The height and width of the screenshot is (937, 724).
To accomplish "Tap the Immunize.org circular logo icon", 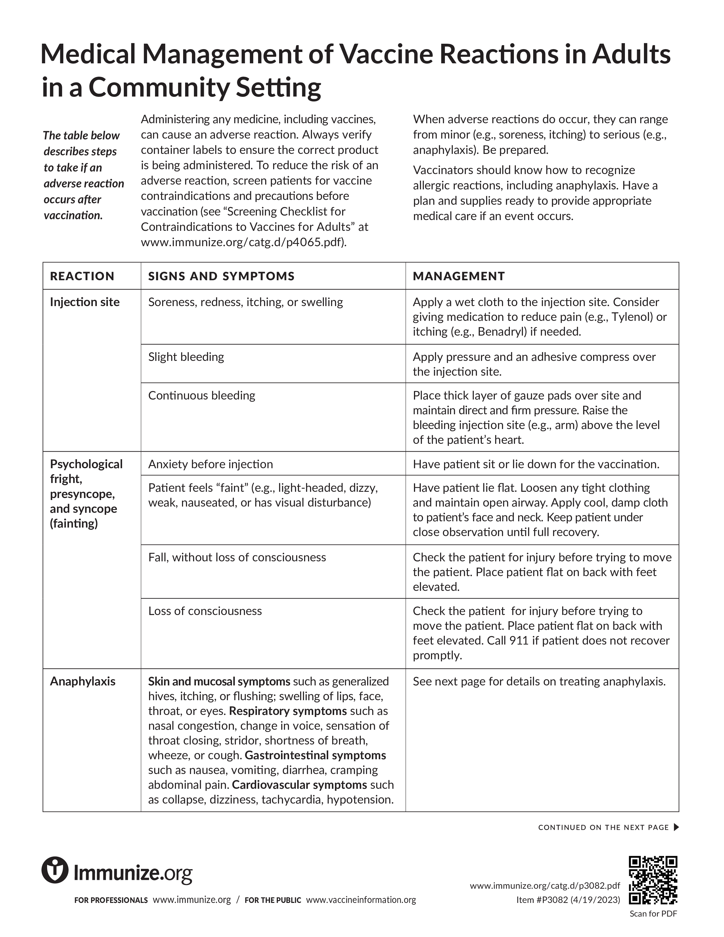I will coord(55,870).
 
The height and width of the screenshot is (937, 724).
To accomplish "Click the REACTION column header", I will coord(82,276).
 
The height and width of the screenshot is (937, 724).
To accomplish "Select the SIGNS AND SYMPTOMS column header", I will coord(221,276).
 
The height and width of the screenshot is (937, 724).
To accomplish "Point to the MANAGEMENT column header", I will coord(459,276).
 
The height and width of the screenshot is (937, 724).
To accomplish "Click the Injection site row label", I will coord(85,302).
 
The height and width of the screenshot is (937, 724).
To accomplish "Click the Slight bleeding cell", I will coord(186,357).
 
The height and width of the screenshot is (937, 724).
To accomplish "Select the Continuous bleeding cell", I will coord(202,396).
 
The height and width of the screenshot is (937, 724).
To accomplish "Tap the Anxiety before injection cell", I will coord(211,464).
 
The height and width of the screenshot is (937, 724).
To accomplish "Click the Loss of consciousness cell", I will coord(205,611).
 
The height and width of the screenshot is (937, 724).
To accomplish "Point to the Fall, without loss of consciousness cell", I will coord(237,557).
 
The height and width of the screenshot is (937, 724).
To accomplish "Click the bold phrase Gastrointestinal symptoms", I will coord(315,755).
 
